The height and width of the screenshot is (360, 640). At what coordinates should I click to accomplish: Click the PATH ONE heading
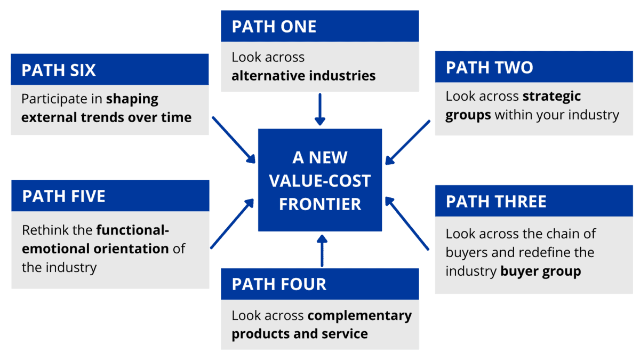(x=274, y=27)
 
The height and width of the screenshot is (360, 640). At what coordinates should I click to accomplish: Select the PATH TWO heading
(x=489, y=68)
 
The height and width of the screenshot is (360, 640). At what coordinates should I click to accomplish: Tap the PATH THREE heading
(x=496, y=202)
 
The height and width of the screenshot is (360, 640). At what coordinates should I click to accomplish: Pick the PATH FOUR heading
(x=279, y=284)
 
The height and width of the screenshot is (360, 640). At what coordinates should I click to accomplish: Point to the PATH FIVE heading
(x=63, y=196)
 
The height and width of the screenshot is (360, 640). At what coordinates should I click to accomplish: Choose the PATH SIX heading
(x=59, y=70)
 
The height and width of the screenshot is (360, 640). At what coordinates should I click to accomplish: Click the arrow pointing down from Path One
(x=319, y=109)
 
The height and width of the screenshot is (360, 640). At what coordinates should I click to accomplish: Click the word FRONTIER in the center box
(x=320, y=204)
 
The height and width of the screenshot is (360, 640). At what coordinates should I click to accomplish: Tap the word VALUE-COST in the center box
(x=320, y=181)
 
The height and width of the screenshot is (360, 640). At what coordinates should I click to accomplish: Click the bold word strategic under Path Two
(x=551, y=97)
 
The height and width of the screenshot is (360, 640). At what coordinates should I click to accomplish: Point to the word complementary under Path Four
(x=359, y=316)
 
